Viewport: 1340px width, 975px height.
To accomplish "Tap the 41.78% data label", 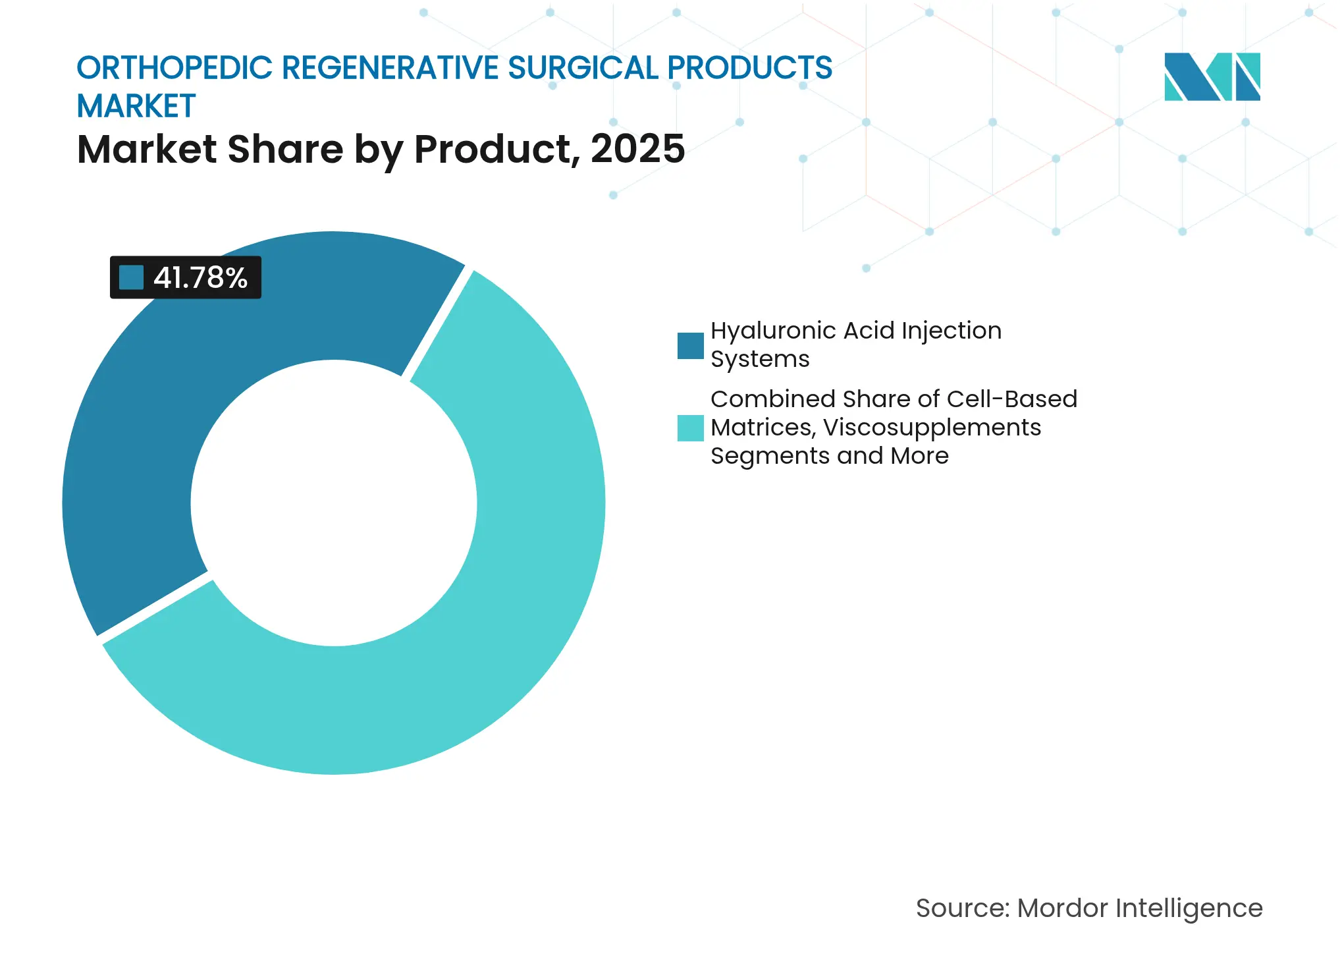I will [x=200, y=277].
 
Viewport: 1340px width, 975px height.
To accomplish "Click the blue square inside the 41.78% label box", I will [x=131, y=277].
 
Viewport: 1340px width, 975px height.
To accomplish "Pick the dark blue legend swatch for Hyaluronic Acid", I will [x=690, y=346].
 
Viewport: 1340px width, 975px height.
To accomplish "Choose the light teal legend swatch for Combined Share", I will [x=690, y=428].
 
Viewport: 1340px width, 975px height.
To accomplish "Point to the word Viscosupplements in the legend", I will [x=932, y=428].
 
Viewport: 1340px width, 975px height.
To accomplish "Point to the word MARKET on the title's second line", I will [x=136, y=107].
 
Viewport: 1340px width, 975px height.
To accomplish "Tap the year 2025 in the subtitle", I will [x=637, y=149].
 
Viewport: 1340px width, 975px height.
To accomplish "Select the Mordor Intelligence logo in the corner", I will [x=1212, y=77].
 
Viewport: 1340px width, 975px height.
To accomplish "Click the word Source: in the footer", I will [x=962, y=908].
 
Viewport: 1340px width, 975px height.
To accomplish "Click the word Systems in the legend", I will [x=760, y=360].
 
